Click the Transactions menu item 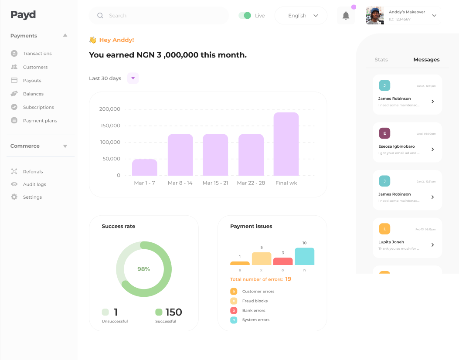point(37,54)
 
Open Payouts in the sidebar point(32,81)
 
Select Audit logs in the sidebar point(34,184)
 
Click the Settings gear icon point(14,197)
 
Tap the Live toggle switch point(245,16)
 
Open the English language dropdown point(301,16)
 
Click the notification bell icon point(346,16)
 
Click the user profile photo point(375,16)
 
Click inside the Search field point(166,16)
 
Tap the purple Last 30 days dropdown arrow point(133,78)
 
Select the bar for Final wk point(286,144)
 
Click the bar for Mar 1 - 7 point(144,167)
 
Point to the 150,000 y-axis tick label point(110,126)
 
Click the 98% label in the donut point(143,269)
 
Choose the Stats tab point(381,60)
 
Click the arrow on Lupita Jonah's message point(432,245)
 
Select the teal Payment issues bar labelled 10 point(304,256)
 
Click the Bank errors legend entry point(253,310)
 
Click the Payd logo point(23,15)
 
